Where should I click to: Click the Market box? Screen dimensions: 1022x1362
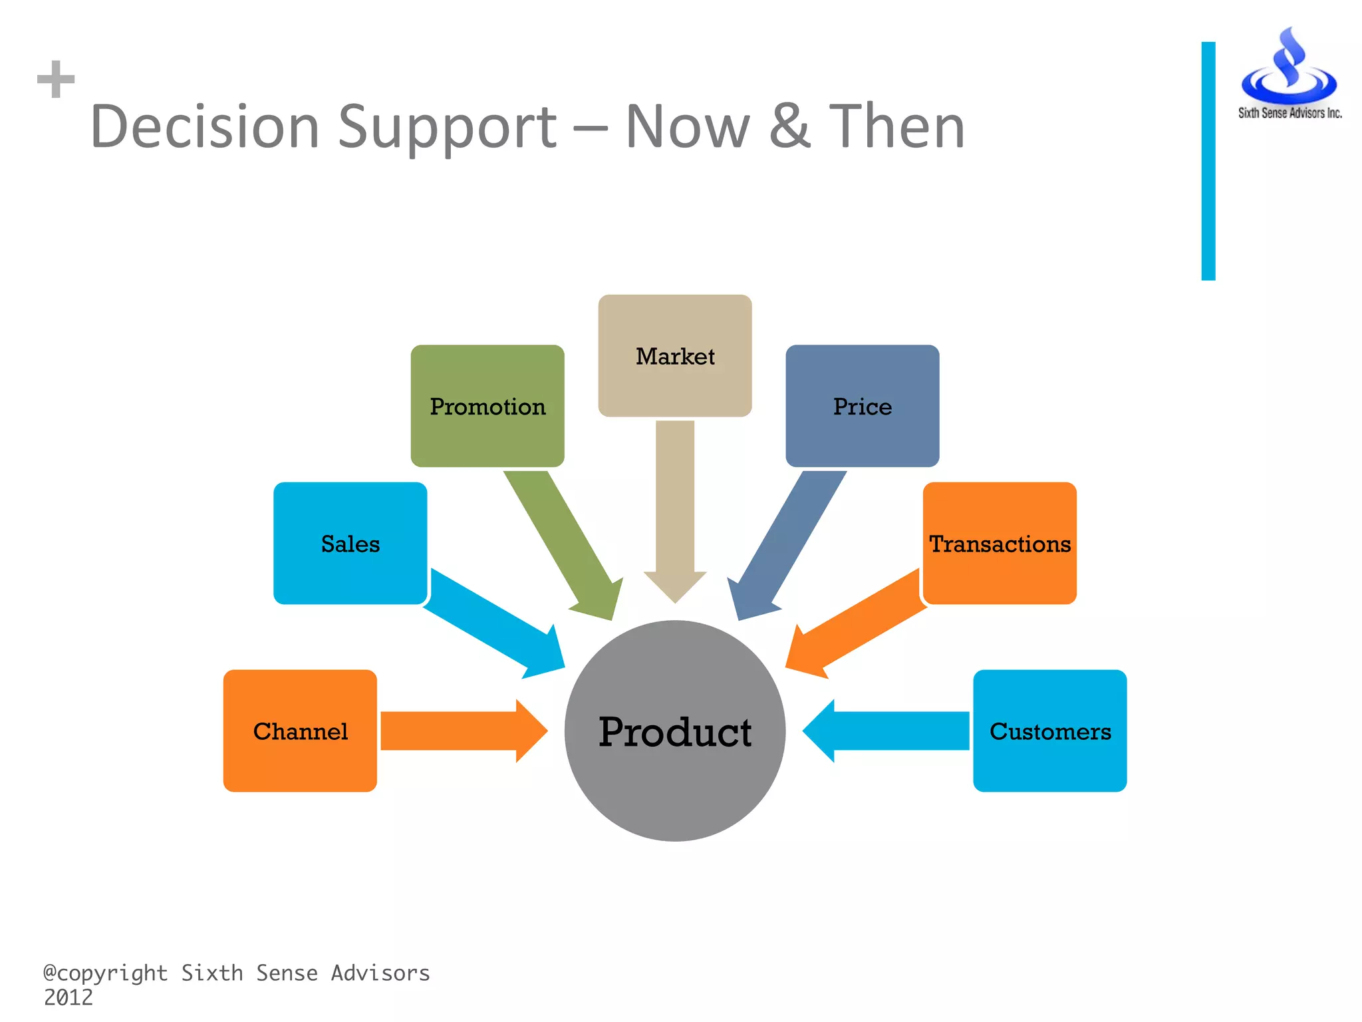(x=675, y=356)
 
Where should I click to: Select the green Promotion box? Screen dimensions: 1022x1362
(x=487, y=406)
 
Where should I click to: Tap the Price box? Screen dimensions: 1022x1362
(x=862, y=406)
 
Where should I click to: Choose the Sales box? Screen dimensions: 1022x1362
(x=350, y=544)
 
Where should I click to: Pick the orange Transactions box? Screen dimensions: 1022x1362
(x=1000, y=544)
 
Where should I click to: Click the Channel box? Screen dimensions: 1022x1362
(x=300, y=731)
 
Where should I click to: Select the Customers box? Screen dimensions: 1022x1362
(x=1049, y=731)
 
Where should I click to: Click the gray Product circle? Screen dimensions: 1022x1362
(x=675, y=732)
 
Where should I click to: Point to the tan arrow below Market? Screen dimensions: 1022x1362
(x=675, y=512)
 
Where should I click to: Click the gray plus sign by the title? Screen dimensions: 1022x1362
(x=56, y=79)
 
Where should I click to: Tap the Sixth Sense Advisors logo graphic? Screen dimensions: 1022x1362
(x=1289, y=70)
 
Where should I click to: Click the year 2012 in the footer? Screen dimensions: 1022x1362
(x=68, y=997)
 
